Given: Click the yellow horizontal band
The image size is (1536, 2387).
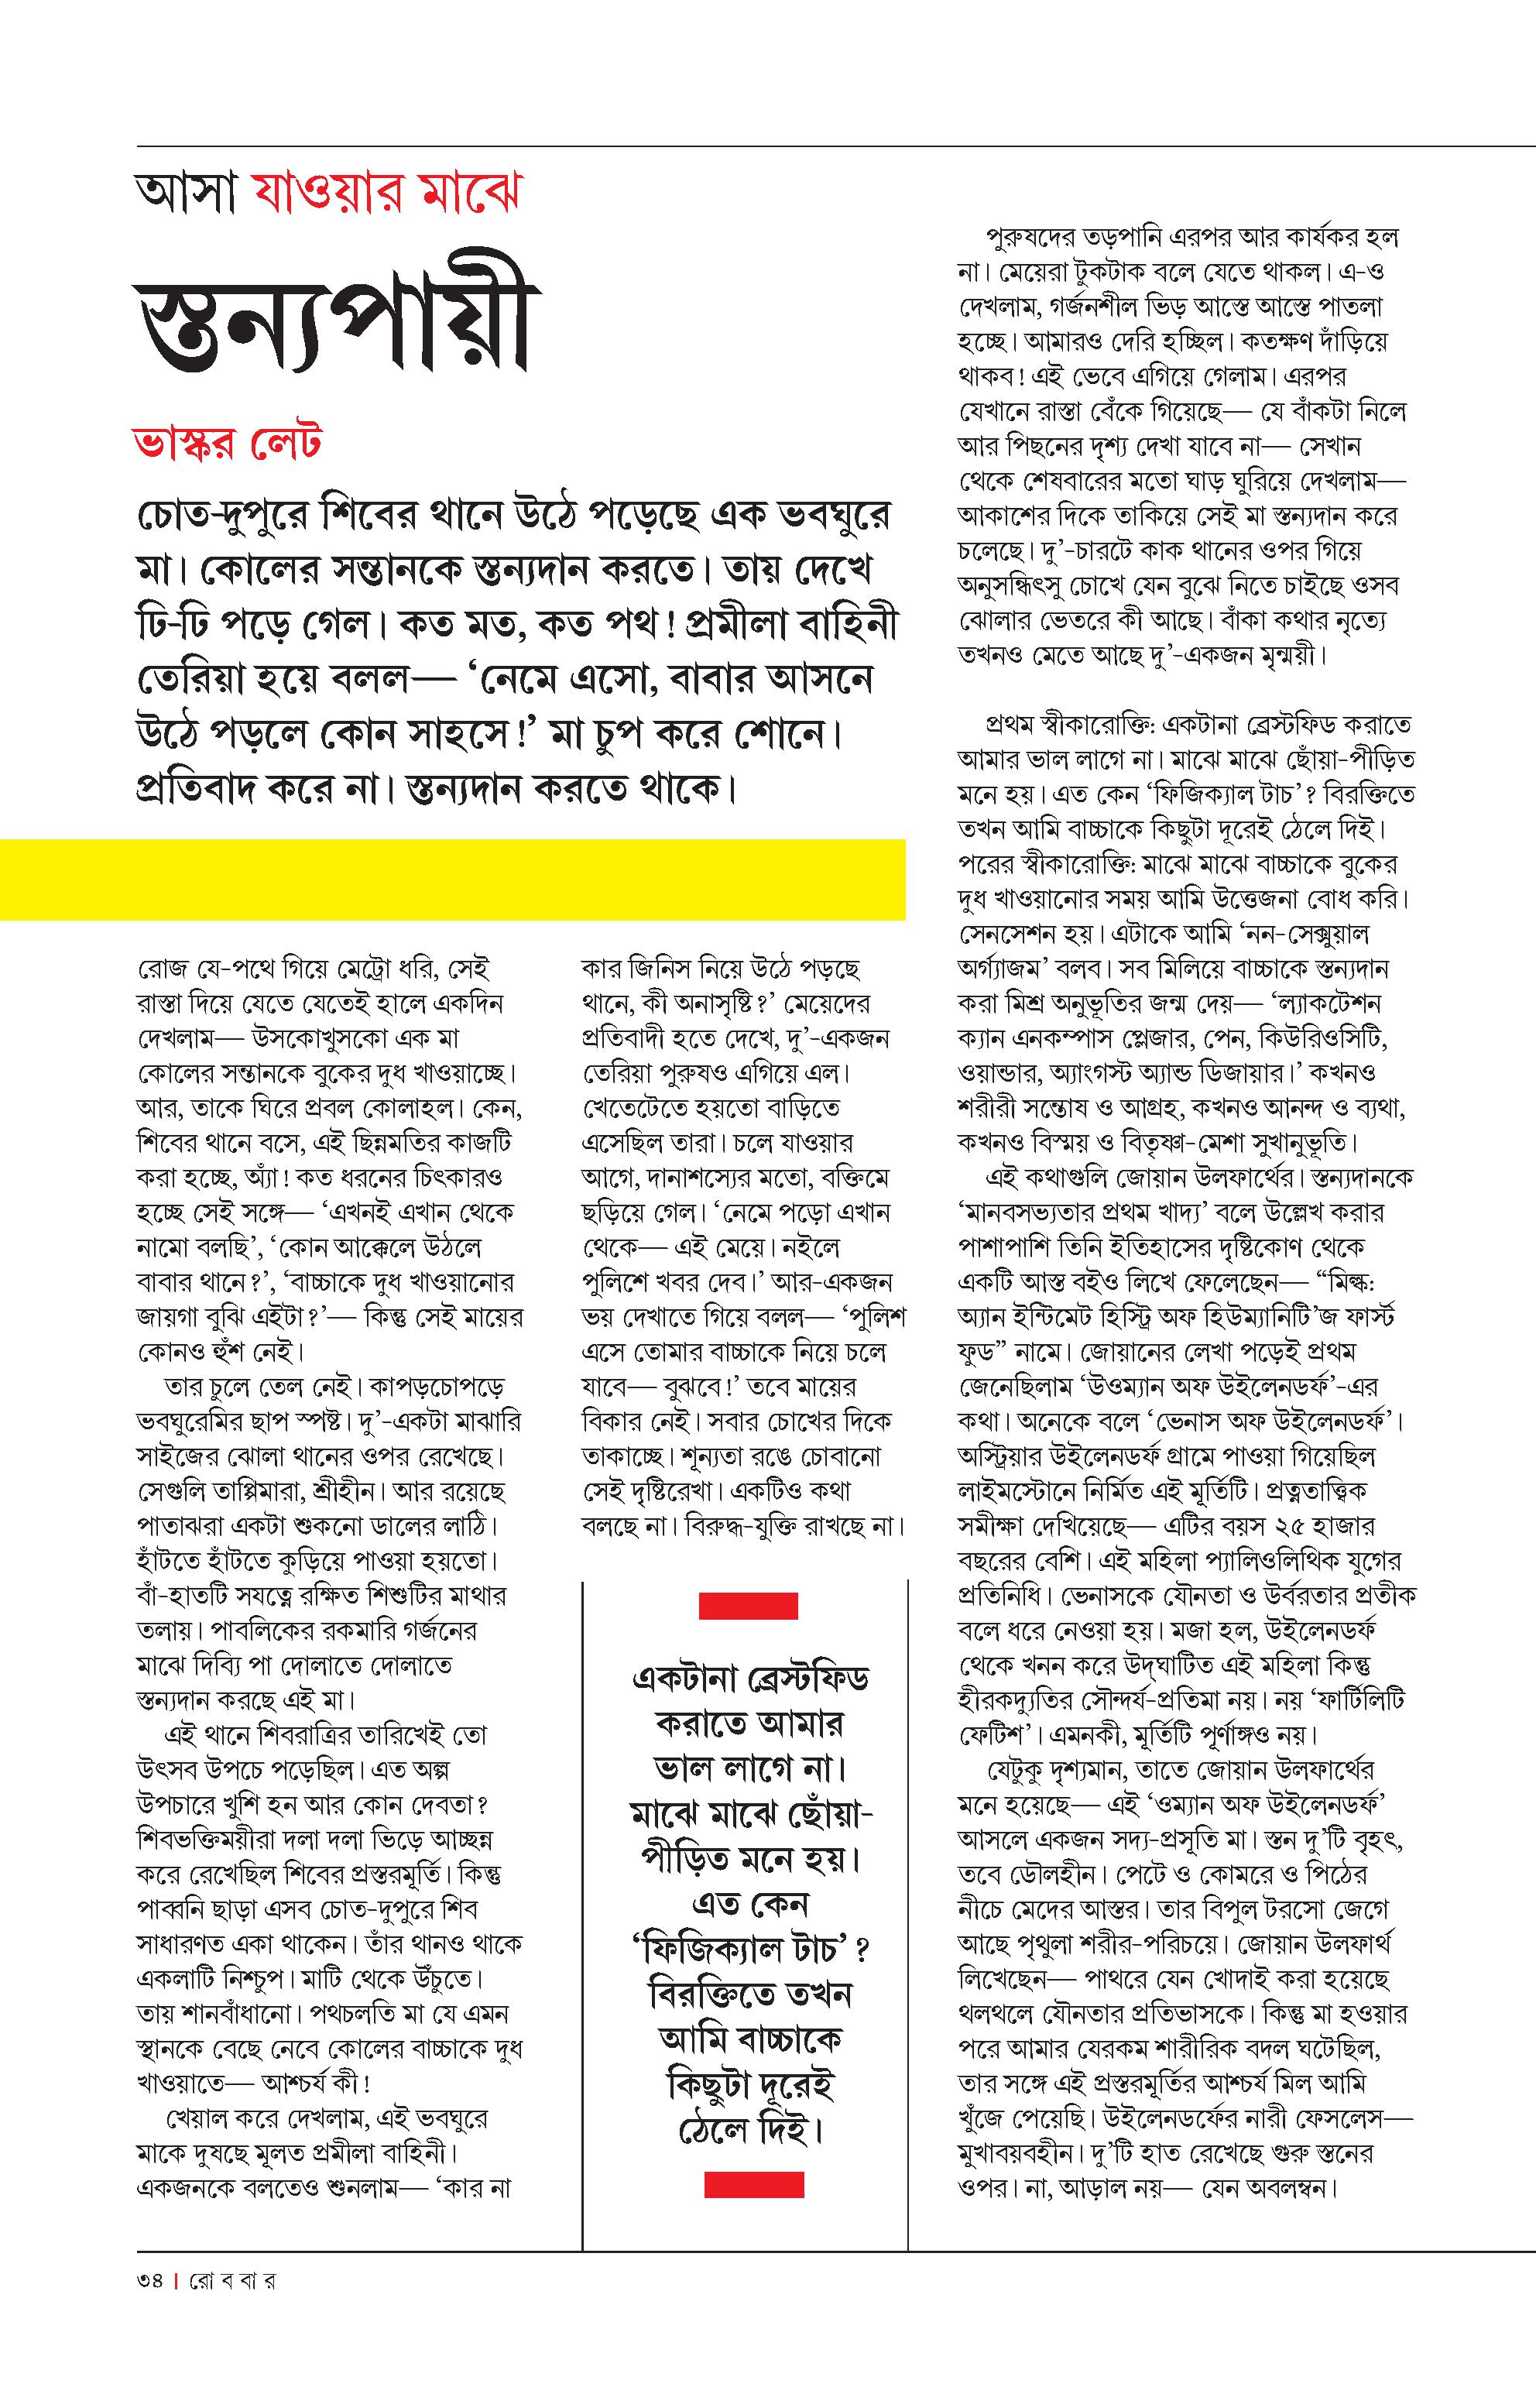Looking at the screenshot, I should point(453,879).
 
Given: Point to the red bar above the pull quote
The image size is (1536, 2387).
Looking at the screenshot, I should point(748,1606).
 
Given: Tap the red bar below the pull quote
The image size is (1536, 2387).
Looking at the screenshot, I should point(753,2213).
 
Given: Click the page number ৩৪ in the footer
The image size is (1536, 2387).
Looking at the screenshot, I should point(151,2280).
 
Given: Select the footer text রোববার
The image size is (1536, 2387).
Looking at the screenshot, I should point(231,2280).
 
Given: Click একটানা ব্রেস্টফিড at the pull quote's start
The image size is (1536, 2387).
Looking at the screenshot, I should point(750,1678).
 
